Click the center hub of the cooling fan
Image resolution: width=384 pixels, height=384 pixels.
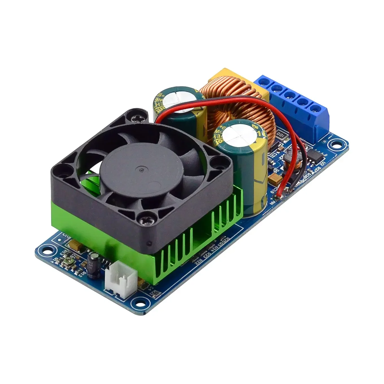click(141, 169)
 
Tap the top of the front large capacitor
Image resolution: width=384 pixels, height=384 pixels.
click(234, 133)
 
